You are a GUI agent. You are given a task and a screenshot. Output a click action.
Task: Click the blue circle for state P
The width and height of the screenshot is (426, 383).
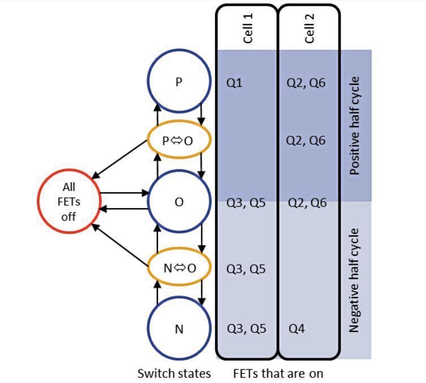coord(179,83)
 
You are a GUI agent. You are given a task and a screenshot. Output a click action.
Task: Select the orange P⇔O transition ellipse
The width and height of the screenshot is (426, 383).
coord(179,140)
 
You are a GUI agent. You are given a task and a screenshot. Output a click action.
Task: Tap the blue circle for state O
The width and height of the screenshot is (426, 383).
coord(179,202)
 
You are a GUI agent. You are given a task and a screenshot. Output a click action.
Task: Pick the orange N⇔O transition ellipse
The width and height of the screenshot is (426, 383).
coord(179,268)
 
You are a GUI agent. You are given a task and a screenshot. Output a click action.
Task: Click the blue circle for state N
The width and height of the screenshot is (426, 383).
coord(179,329)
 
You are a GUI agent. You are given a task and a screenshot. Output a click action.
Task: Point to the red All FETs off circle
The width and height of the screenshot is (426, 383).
coord(69,201)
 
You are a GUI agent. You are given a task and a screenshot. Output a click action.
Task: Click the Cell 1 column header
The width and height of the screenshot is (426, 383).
coord(247,28)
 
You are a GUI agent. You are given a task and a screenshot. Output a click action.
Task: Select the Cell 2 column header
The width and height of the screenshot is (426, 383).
coord(309,28)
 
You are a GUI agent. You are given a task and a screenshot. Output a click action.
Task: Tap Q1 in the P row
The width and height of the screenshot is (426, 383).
coord(234,83)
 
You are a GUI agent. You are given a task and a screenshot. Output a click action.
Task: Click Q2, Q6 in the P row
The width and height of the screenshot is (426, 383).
coord(306,83)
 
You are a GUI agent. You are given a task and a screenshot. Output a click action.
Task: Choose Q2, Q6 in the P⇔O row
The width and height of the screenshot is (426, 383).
coord(306,140)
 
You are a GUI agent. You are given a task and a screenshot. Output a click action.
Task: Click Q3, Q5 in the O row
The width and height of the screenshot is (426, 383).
coord(246,203)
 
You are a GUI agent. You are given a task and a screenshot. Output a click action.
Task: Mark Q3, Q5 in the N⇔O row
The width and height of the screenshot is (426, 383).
coord(246,268)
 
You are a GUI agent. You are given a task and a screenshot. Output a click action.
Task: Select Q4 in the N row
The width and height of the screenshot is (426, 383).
coord(297,329)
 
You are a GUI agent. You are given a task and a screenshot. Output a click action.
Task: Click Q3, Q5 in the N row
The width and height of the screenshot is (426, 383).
coord(246,329)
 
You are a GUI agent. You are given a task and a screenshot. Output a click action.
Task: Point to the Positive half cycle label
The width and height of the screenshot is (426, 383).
coord(355,126)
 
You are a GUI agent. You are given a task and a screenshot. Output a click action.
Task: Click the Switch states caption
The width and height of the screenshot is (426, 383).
coord(174,373)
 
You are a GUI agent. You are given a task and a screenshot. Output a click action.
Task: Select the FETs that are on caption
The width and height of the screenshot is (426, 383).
coord(278,373)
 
